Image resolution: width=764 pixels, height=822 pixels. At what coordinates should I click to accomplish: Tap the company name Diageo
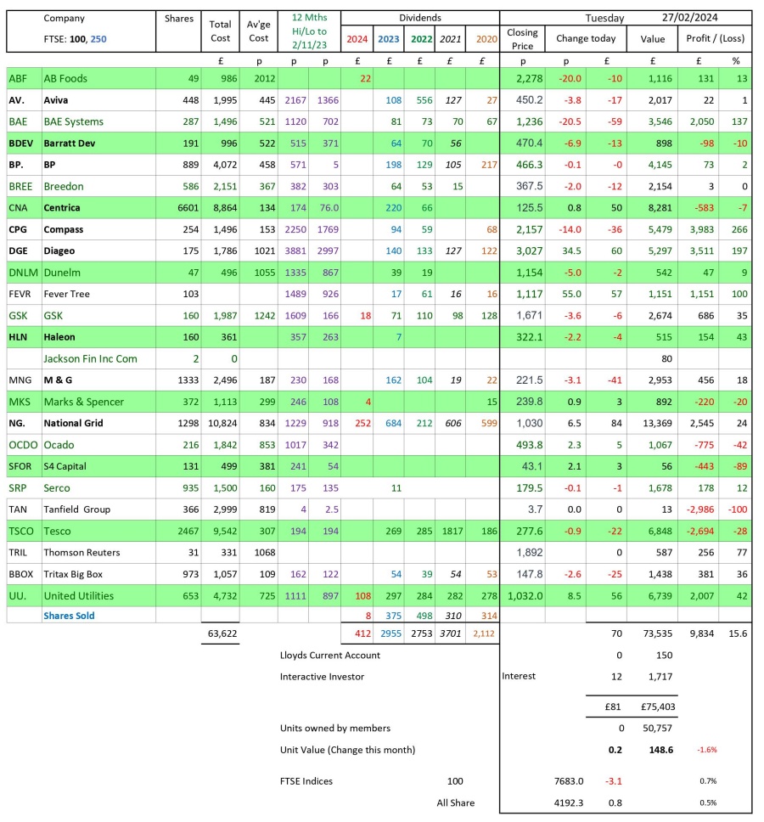click(59, 251)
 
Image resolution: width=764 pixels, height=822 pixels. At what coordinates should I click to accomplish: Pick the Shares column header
click(177, 18)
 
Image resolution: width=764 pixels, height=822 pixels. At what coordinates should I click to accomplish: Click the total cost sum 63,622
click(220, 633)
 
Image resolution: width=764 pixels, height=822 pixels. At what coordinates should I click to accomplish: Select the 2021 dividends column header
click(450, 38)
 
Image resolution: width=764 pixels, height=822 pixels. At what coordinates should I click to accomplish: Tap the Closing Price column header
click(522, 38)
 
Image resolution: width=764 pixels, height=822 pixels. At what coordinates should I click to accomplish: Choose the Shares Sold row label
click(69, 616)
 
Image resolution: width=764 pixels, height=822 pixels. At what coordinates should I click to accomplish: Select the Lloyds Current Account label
click(330, 655)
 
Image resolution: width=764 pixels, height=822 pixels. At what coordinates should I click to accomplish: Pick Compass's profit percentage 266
click(736, 229)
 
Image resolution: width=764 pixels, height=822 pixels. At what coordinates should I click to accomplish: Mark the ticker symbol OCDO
click(23, 444)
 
